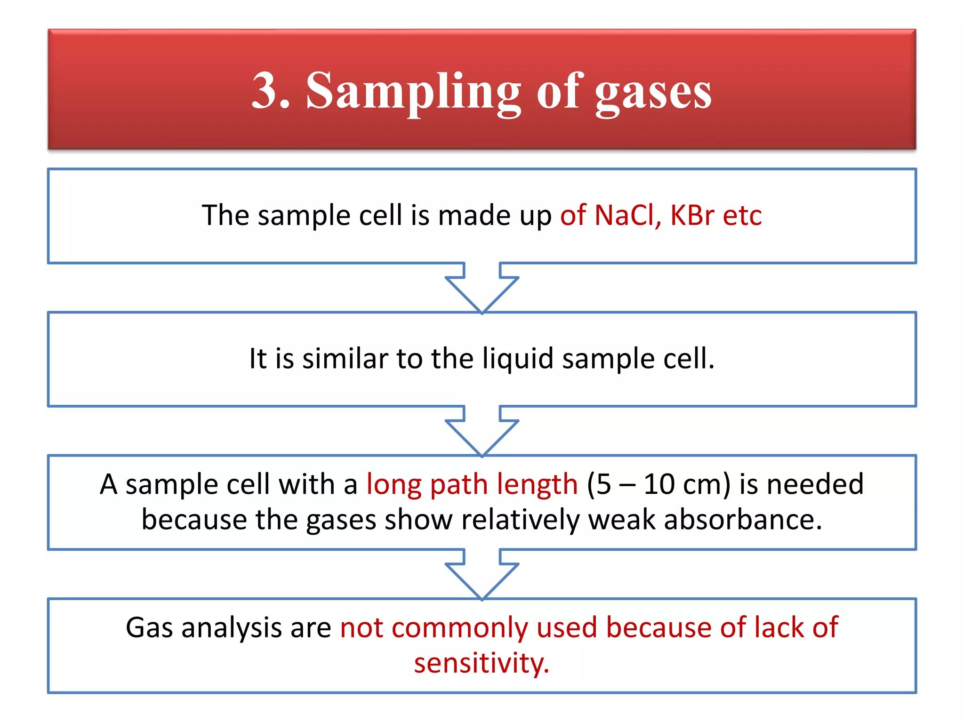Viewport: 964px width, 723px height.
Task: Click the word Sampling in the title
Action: [x=413, y=92]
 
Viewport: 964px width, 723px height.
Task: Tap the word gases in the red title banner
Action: [x=653, y=93]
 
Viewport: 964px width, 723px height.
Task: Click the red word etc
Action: [x=742, y=216]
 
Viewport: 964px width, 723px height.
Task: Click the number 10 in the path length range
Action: [x=659, y=484]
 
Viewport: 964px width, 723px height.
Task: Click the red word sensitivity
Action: [x=482, y=663]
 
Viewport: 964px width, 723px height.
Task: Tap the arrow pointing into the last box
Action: [x=482, y=575]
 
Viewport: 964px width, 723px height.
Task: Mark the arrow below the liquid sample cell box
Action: [x=482, y=431]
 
